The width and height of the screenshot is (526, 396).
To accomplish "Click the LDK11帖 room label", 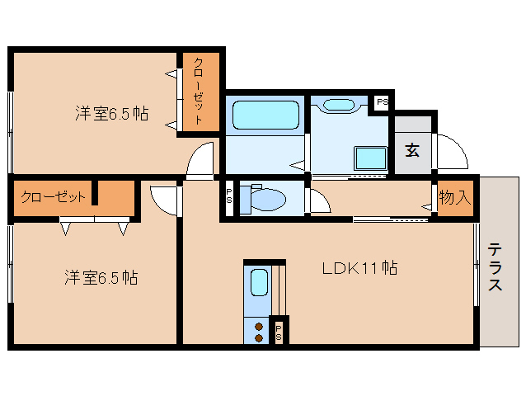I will click(360, 268).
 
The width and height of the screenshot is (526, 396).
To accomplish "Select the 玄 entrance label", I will click(411, 151).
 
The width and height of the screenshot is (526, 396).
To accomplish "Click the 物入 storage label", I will click(454, 198).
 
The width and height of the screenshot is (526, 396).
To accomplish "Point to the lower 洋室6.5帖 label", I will click(101, 278).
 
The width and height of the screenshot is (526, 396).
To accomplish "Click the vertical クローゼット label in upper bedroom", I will click(200, 92).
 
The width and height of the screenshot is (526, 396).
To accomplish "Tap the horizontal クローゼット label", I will click(53, 197).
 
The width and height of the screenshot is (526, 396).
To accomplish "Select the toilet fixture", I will click(266, 199).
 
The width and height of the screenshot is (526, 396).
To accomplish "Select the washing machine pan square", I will click(370, 158).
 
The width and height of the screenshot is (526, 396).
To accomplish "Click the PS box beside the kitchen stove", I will click(279, 332).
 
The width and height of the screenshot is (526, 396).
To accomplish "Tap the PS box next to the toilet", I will click(229, 198).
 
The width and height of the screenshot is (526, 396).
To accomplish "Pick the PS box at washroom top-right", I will click(382, 101).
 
